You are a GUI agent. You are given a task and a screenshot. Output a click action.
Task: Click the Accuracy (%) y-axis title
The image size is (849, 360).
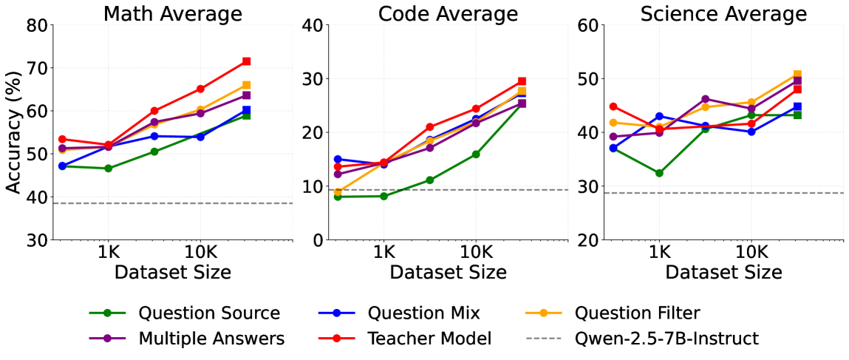pos(16,132)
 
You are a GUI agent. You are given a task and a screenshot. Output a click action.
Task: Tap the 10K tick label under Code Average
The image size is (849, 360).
pos(475,253)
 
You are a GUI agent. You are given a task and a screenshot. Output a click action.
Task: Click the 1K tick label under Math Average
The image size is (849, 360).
pos(108,253)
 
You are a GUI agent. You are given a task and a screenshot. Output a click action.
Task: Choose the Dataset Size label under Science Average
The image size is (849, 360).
pos(723,271)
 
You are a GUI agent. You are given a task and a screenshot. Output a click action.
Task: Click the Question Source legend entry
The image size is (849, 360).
pos(185,313)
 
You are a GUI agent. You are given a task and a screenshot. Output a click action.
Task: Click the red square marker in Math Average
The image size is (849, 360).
pos(246,61)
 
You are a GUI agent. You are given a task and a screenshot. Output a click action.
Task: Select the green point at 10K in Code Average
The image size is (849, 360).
pos(475,154)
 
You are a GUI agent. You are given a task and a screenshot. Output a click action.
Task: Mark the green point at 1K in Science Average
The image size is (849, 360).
pos(659,173)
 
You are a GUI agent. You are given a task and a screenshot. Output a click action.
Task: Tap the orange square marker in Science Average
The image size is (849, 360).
pos(797,74)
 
